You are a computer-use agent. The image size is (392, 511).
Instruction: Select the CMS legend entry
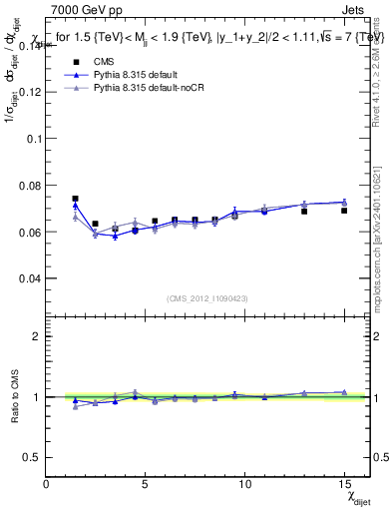[x=105, y=62]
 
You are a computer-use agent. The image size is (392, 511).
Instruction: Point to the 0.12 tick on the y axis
[x=29, y=92]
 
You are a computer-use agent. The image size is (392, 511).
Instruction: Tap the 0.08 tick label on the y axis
[x=29, y=186]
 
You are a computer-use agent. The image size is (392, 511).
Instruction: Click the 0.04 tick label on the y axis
[x=29, y=278]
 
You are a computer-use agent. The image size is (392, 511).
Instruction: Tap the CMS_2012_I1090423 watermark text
[x=206, y=298]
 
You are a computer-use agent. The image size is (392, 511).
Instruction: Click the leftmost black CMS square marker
[x=75, y=199]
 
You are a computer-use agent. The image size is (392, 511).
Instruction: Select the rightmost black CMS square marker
[x=344, y=211]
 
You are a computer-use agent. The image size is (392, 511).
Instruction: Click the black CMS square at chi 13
[x=304, y=212]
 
